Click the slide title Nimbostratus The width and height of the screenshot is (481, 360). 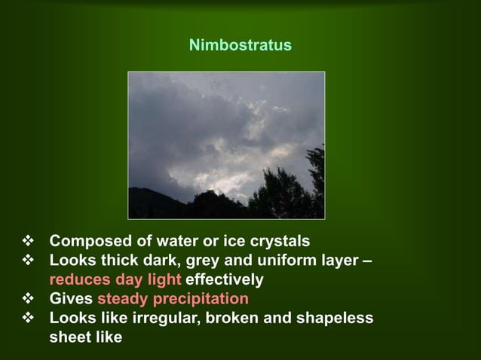pyautogui.click(x=240, y=47)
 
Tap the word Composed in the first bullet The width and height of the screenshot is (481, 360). pyautogui.click(x=85, y=242)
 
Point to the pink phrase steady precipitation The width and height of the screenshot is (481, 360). pyautogui.click(x=173, y=299)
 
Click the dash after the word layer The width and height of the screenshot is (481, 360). pyautogui.click(x=366, y=261)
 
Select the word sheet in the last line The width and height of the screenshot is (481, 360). pyautogui.click(x=70, y=337)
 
